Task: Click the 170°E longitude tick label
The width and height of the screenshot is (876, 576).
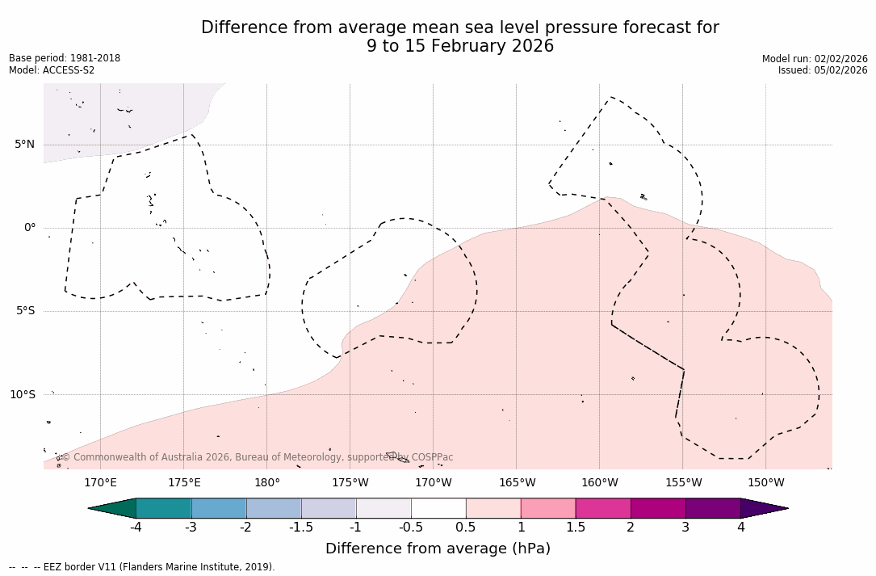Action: (x=100, y=483)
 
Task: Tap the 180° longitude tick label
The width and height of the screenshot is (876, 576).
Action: (x=266, y=483)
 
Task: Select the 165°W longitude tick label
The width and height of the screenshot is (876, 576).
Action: (x=517, y=483)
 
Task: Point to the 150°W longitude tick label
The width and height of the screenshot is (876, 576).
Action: (x=765, y=483)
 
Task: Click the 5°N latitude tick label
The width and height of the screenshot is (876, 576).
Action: (x=25, y=145)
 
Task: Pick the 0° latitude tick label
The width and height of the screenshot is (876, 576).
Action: (x=30, y=228)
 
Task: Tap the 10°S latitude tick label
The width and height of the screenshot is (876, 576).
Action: (x=23, y=394)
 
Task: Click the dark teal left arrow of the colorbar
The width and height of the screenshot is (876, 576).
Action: (x=113, y=508)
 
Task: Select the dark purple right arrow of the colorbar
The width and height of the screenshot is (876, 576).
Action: (x=763, y=508)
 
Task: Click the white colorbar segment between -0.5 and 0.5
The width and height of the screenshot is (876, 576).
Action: (x=438, y=508)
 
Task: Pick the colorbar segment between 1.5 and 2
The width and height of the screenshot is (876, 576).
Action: (x=603, y=508)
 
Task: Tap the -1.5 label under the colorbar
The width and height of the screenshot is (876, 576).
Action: (x=301, y=528)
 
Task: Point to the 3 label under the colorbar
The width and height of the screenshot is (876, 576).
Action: (x=685, y=528)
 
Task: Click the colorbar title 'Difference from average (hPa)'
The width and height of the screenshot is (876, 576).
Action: (x=438, y=549)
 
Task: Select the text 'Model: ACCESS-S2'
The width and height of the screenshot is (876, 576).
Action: (x=52, y=70)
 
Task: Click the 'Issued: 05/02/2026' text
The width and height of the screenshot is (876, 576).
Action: (x=823, y=70)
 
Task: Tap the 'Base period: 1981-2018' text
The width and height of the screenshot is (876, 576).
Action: (x=65, y=58)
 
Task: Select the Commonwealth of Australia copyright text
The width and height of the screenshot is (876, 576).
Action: (x=258, y=457)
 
